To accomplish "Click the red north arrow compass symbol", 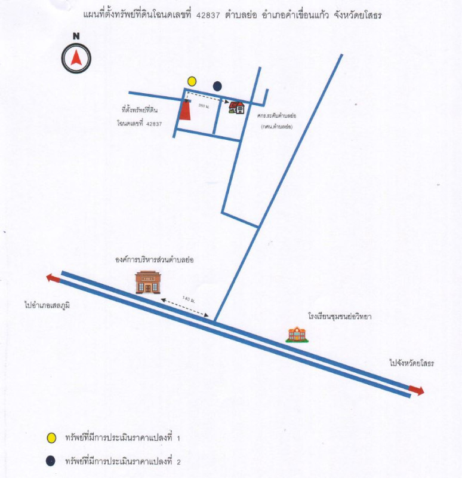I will [76, 58].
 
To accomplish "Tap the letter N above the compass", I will [76, 36].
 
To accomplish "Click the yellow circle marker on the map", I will [192, 81].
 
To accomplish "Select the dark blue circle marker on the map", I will [217, 86].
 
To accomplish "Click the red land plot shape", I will [186, 110].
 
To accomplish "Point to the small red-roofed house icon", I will [237, 107].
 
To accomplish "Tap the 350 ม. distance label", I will [203, 105].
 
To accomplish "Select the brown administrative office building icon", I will [148, 281].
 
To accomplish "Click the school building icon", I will [297, 334].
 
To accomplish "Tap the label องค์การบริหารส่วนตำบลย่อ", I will [155, 261].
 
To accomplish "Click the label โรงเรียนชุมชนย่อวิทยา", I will [340, 317].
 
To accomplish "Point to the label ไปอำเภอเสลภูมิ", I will [48, 305].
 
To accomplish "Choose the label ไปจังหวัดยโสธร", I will [412, 363].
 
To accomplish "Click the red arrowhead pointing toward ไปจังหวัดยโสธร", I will [417, 391].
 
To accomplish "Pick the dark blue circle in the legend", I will [51, 460].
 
